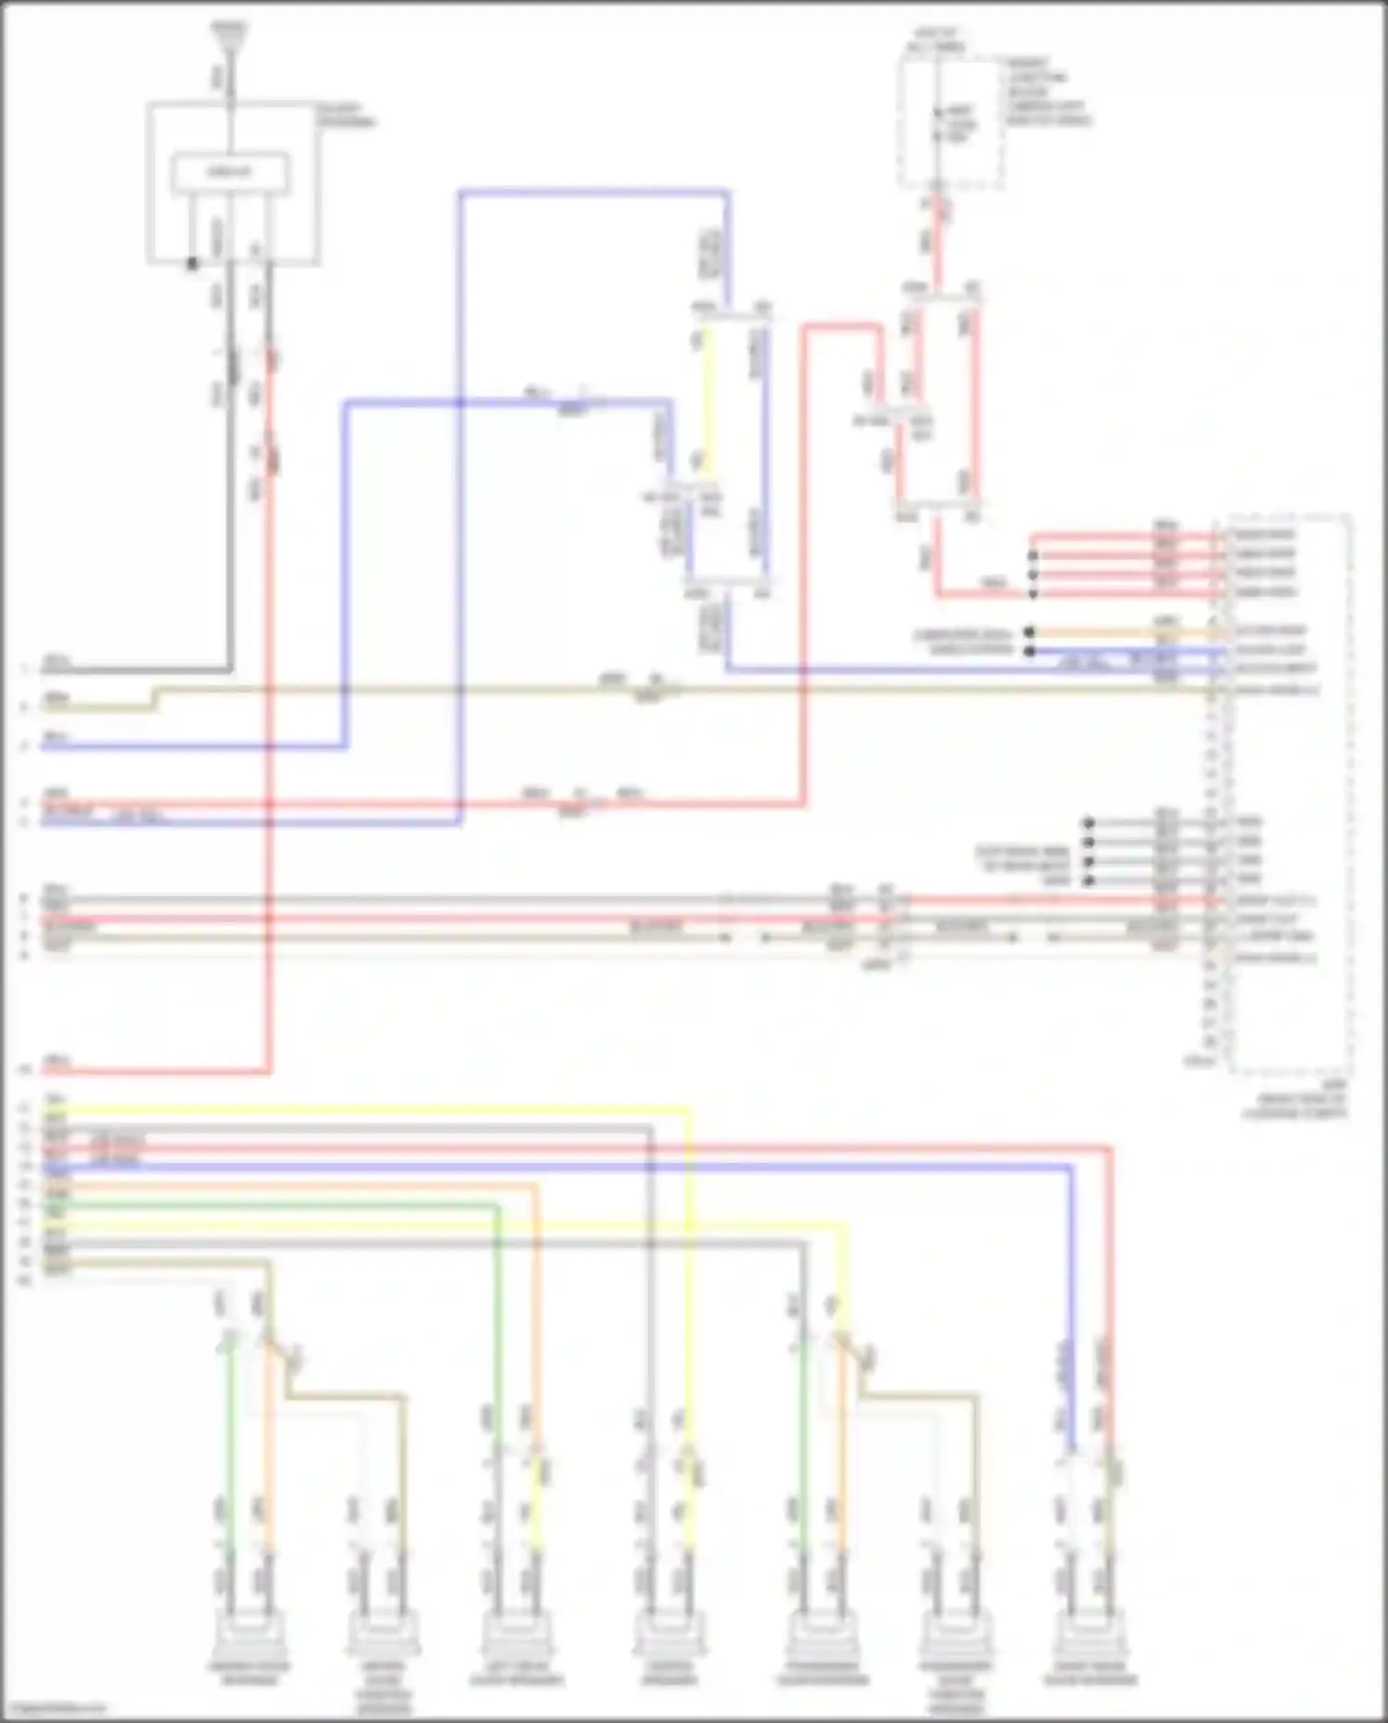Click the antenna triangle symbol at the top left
point(228,35)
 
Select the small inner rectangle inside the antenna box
point(230,173)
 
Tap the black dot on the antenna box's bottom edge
point(192,264)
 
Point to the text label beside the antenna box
point(347,116)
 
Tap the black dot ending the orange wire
point(1029,632)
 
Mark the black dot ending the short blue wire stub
point(1029,651)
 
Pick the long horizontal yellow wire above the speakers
point(370,1107)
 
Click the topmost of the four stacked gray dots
point(1088,822)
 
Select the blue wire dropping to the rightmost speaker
point(1071,1296)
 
